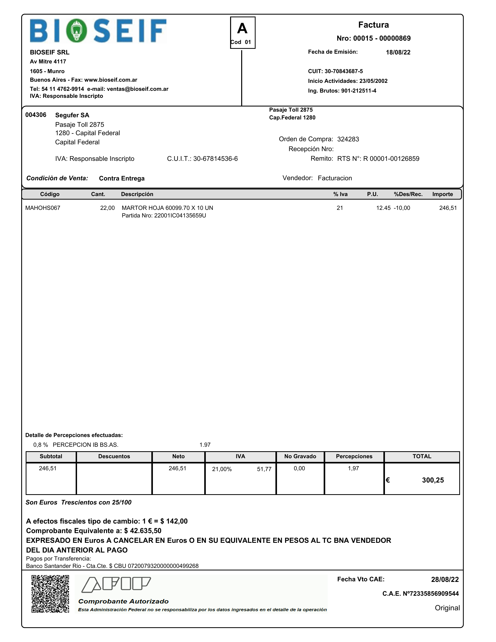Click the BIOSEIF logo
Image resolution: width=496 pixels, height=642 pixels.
pyautogui.click(x=98, y=31)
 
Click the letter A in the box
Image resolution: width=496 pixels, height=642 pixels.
pyautogui.click(x=242, y=29)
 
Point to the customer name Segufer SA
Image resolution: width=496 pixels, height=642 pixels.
pyautogui.click(x=72, y=115)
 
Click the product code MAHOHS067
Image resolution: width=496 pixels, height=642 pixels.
pyautogui.click(x=43, y=208)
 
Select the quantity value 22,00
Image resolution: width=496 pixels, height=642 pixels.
pyautogui.click(x=107, y=208)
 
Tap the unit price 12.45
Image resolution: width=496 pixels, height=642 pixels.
pyautogui.click(x=383, y=208)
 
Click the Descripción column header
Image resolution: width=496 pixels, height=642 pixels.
pyautogui.click(x=137, y=194)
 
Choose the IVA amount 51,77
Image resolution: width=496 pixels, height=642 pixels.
pyautogui.click(x=264, y=469)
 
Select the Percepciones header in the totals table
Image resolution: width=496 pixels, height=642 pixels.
pyautogui.click(x=354, y=456)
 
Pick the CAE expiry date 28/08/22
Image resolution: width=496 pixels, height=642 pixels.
pyautogui.click(x=444, y=579)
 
